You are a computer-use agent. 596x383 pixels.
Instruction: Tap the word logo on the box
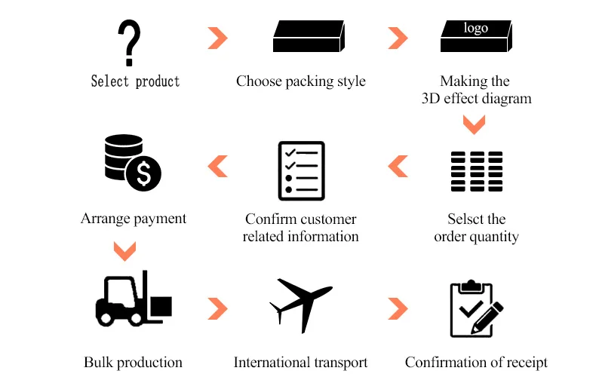click(x=475, y=29)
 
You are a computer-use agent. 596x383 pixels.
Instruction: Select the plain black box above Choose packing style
click(x=308, y=37)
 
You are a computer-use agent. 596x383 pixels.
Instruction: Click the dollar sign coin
click(x=143, y=174)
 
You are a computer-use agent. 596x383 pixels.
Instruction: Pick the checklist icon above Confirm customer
click(x=302, y=170)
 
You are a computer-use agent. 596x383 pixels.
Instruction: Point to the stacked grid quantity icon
click(x=476, y=170)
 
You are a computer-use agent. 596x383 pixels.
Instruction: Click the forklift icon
click(x=133, y=299)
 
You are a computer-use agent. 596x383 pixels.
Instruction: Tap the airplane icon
click(x=300, y=304)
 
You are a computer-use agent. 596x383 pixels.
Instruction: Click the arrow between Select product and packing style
click(x=217, y=38)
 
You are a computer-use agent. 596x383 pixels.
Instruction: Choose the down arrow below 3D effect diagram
click(x=474, y=124)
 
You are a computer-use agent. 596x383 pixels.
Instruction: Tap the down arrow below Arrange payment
click(x=124, y=249)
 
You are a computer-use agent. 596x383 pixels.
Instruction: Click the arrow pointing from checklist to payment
click(x=217, y=166)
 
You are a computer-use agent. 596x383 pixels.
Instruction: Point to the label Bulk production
click(x=133, y=363)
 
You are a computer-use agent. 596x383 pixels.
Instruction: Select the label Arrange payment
click(x=134, y=219)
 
